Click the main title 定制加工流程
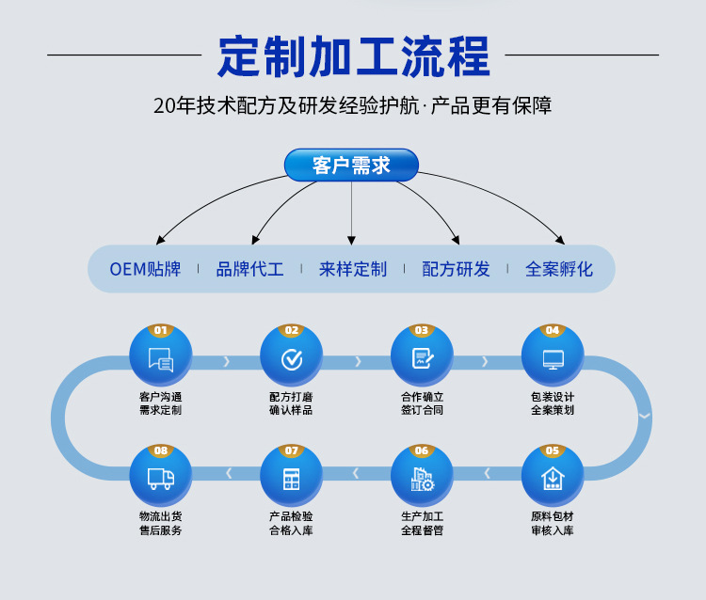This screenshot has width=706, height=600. [x=353, y=56]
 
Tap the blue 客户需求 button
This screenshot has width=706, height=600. [x=351, y=166]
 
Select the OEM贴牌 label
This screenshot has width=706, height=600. [x=145, y=270]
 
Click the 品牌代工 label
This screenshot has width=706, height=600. [x=249, y=270]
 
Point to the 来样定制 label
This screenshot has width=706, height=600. [x=353, y=270]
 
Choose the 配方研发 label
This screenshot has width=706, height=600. [x=457, y=270]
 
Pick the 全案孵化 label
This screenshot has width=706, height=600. [x=559, y=270]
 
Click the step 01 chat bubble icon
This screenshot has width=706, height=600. [x=161, y=359]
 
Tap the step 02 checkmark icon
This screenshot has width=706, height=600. [x=292, y=359]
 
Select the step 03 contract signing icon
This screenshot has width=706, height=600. [x=422, y=359]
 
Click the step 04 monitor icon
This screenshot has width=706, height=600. [x=553, y=359]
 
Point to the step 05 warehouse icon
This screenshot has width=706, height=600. [x=553, y=479]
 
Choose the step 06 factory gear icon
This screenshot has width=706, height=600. [x=422, y=479]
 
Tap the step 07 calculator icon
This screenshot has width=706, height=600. [x=292, y=479]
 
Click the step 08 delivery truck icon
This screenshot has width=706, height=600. [x=161, y=479]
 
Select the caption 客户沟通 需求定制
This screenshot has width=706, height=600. [x=161, y=403]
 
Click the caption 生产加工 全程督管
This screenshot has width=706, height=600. [x=422, y=524]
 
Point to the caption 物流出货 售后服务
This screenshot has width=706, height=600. [x=161, y=524]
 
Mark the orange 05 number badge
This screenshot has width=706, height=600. [x=553, y=450]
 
